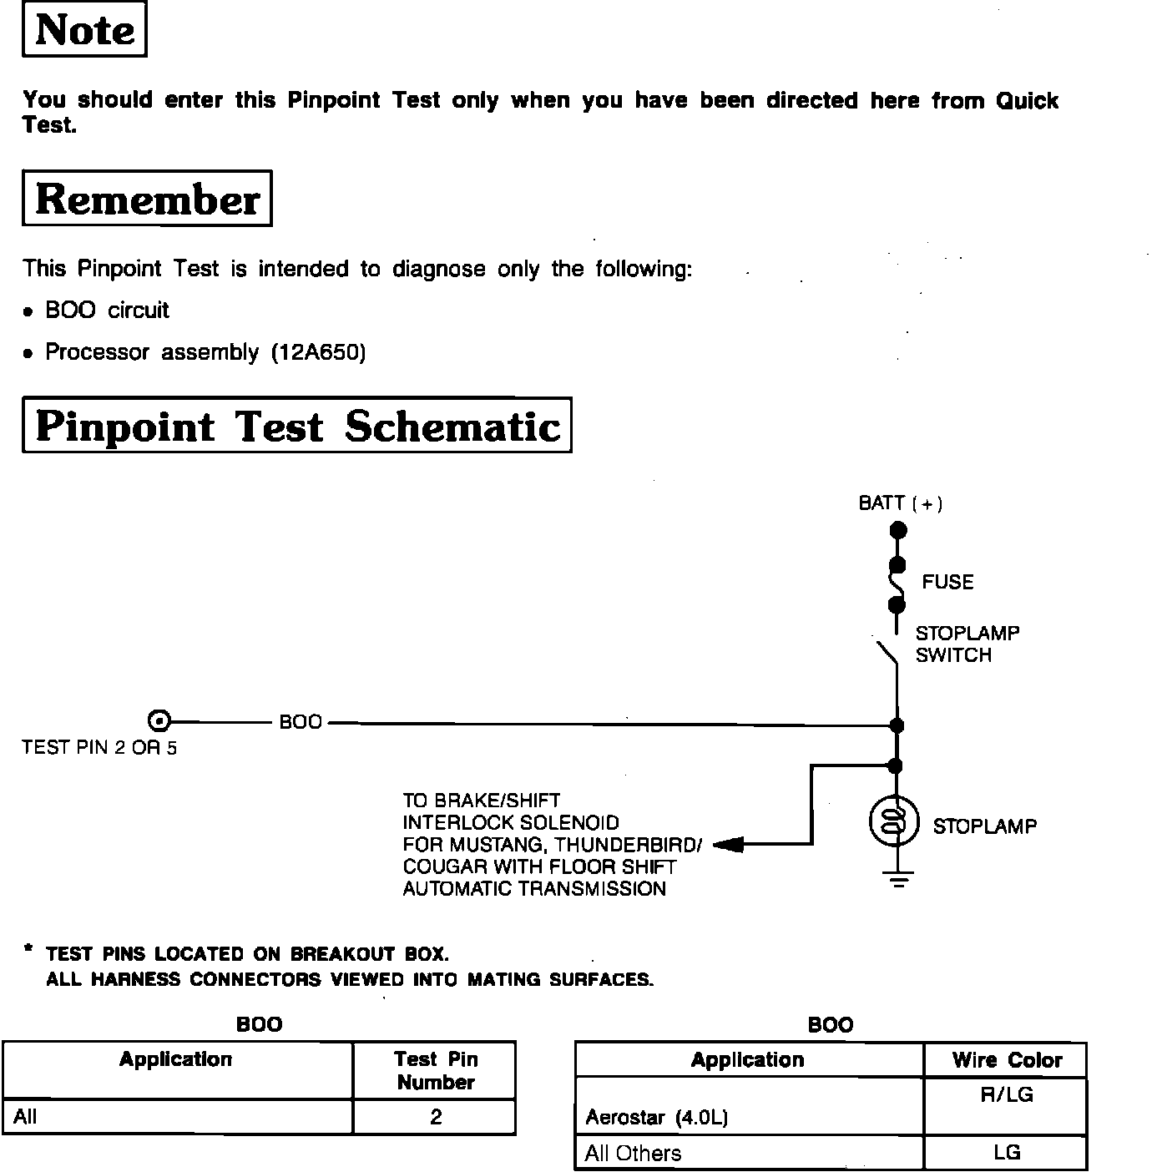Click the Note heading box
click(x=84, y=30)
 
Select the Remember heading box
click(x=147, y=199)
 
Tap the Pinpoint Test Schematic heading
click(x=297, y=426)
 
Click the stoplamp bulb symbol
click(x=895, y=822)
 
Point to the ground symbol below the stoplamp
click(x=897, y=878)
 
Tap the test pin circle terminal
click(x=159, y=721)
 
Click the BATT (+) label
click(x=900, y=503)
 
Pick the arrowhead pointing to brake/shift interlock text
click(x=728, y=845)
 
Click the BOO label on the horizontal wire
click(x=301, y=722)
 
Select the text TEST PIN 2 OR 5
click(x=99, y=748)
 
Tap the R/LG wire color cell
click(x=1006, y=1095)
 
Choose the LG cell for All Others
click(x=1006, y=1153)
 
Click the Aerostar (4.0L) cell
click(x=656, y=1118)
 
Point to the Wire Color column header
click(x=1006, y=1061)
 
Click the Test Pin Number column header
click(x=435, y=1071)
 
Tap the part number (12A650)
click(x=318, y=353)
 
